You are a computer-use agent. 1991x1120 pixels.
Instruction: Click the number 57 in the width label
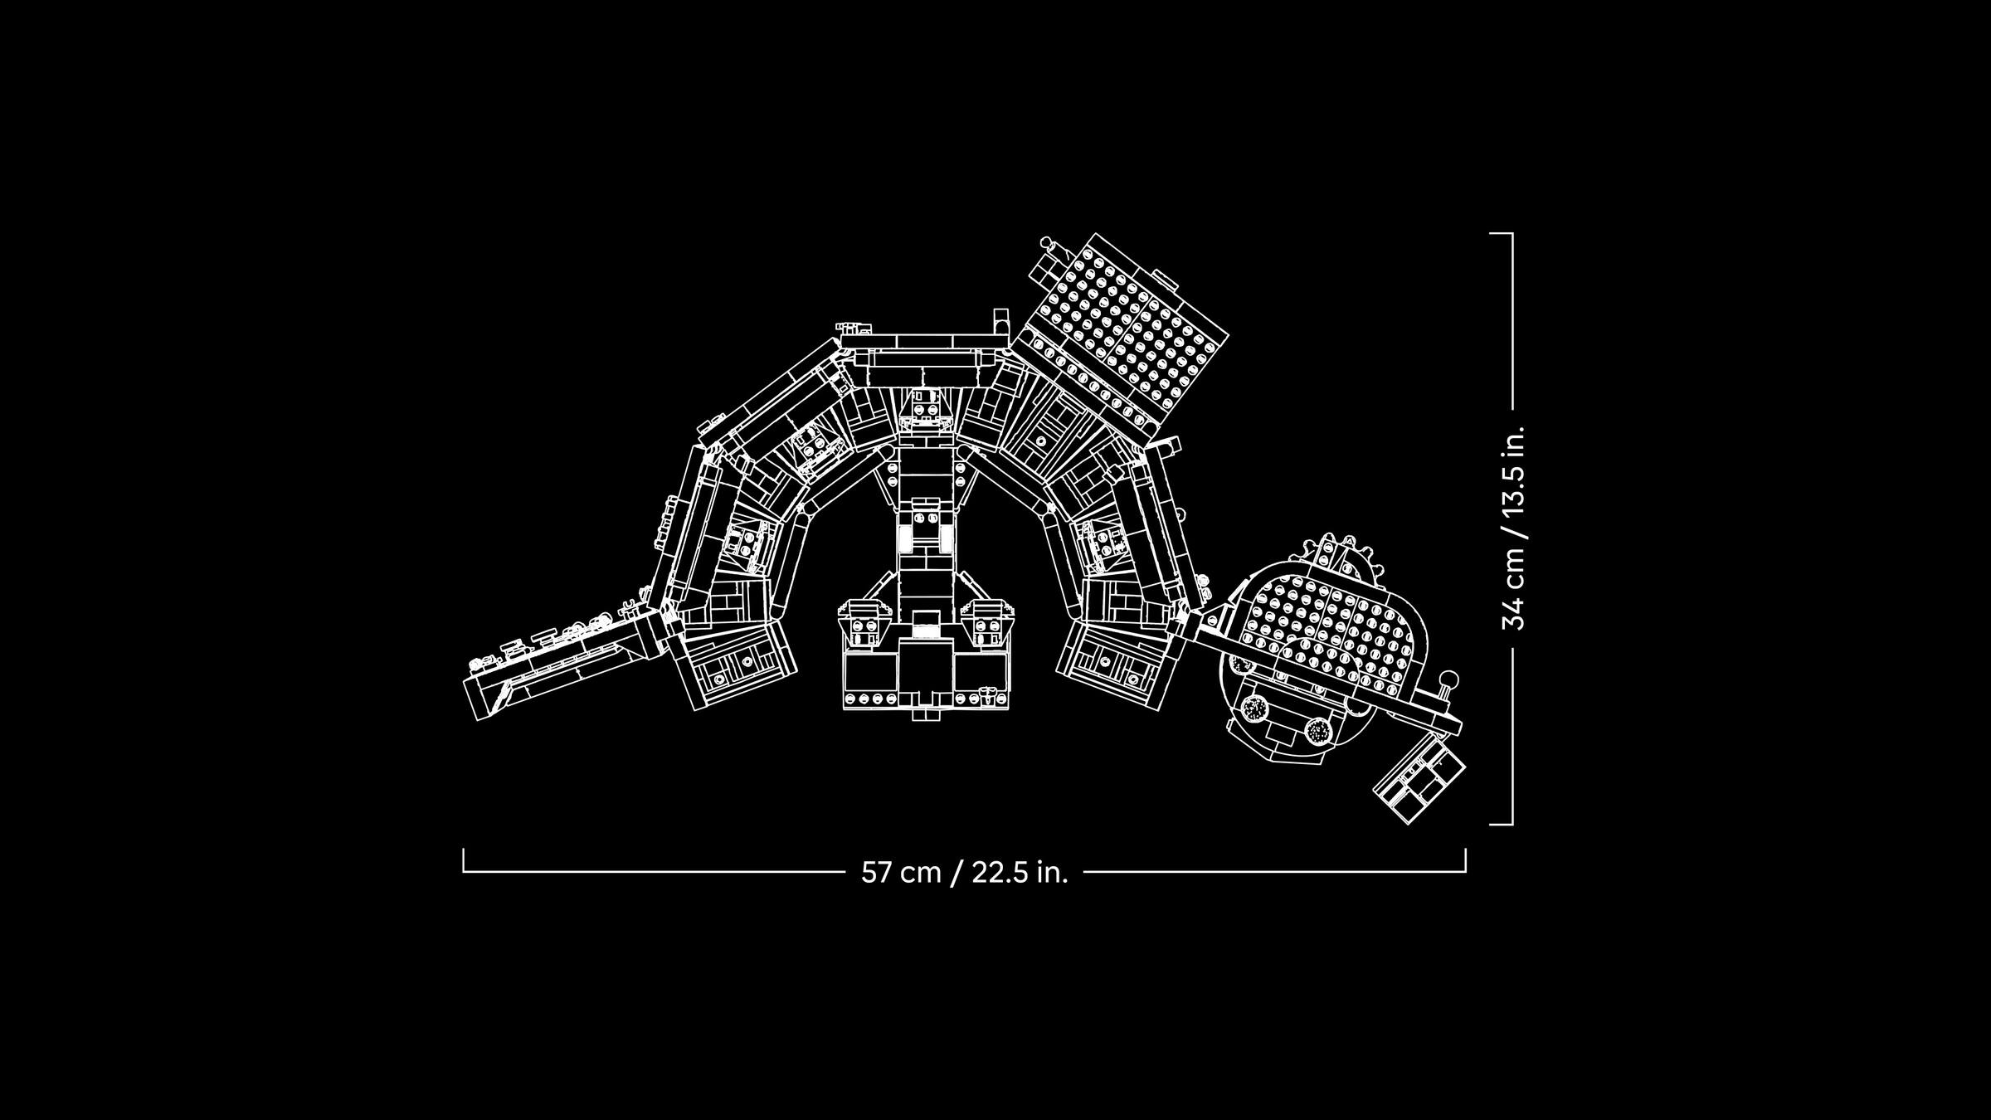(877, 873)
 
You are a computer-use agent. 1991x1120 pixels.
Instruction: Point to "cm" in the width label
(921, 874)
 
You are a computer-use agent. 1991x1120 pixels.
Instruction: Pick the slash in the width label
(957, 873)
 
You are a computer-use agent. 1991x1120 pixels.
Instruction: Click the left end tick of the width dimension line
(464, 859)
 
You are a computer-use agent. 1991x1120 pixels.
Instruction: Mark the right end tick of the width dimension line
(1465, 859)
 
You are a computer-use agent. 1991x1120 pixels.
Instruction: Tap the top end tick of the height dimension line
(1502, 233)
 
